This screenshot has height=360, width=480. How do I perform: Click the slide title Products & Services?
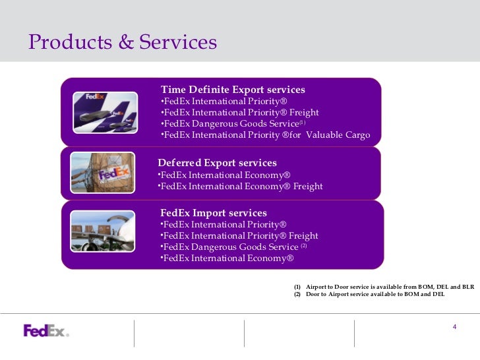(x=123, y=42)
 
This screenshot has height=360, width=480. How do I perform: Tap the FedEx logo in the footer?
(x=46, y=330)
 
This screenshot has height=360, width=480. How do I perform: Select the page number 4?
(x=454, y=328)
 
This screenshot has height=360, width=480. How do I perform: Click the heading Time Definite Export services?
(x=233, y=90)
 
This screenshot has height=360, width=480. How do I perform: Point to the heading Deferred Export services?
(x=217, y=163)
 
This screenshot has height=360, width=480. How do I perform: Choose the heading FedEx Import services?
(x=214, y=213)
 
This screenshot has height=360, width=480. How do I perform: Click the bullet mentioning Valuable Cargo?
(x=266, y=136)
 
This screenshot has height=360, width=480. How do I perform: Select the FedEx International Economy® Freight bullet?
(x=241, y=187)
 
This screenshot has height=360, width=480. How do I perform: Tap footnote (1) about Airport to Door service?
(x=384, y=287)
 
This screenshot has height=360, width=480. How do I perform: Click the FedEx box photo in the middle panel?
(x=109, y=173)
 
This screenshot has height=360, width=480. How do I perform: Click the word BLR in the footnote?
(x=467, y=287)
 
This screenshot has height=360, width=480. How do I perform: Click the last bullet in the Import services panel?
(x=227, y=258)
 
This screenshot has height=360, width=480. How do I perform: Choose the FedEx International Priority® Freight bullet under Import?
(x=239, y=236)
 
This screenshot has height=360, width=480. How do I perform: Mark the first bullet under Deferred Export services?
(x=225, y=175)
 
